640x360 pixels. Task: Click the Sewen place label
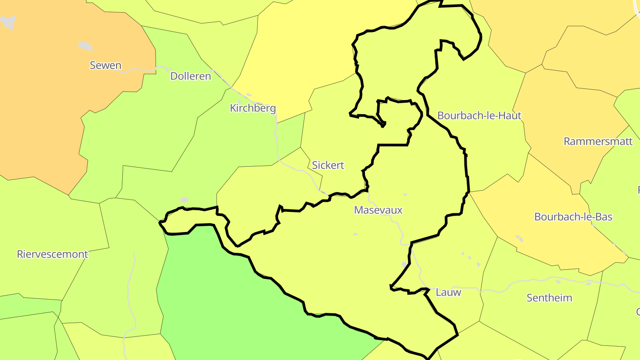pos(105,65)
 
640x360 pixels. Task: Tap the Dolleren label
pos(190,76)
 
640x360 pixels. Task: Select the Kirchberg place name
pos(252,108)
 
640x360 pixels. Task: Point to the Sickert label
pos(328,165)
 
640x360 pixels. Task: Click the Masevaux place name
pos(378,210)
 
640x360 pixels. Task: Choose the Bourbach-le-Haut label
pos(479,115)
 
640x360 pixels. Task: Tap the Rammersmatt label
pos(598,141)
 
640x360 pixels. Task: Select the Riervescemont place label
pos(52,254)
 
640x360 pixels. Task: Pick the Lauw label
pos(448,292)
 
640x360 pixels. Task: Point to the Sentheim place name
pos(549,298)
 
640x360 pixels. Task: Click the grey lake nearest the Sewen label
pos(85,46)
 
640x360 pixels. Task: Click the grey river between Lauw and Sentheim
pos(502,291)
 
